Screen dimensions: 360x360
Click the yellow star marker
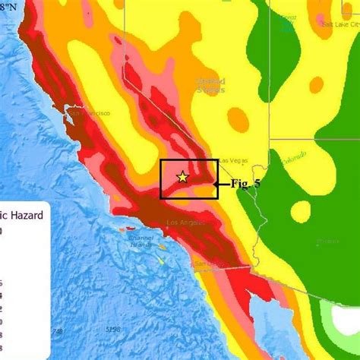pos(182,177)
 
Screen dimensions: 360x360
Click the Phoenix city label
pos(328,241)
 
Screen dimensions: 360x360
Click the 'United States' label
pos(210,85)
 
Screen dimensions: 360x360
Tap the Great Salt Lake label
pos(287,22)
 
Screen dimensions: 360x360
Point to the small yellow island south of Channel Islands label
pos(162,261)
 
